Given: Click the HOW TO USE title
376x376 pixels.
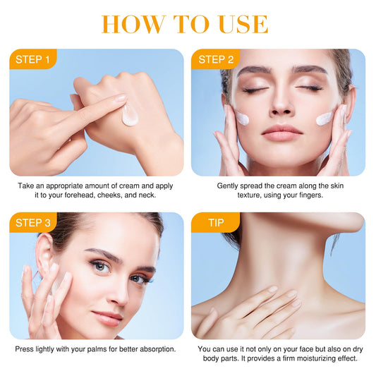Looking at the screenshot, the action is [185, 24].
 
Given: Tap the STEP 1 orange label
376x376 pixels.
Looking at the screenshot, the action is [33, 59].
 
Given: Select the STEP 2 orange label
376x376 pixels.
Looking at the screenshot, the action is [216, 59].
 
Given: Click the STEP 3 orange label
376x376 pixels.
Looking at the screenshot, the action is [33, 222].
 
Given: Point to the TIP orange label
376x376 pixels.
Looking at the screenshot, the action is [216, 222].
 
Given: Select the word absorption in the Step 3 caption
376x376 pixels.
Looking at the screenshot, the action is [158, 349].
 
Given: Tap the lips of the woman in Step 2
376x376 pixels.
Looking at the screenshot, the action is [281, 133].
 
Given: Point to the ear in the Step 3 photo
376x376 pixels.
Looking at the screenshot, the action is [44, 254].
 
